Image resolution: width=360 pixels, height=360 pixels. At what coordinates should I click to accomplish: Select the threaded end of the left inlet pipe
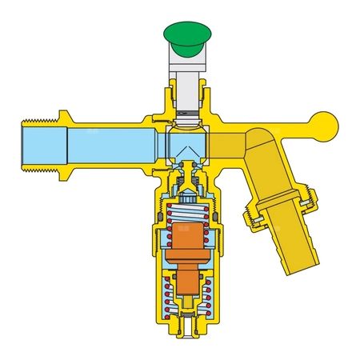31,145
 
